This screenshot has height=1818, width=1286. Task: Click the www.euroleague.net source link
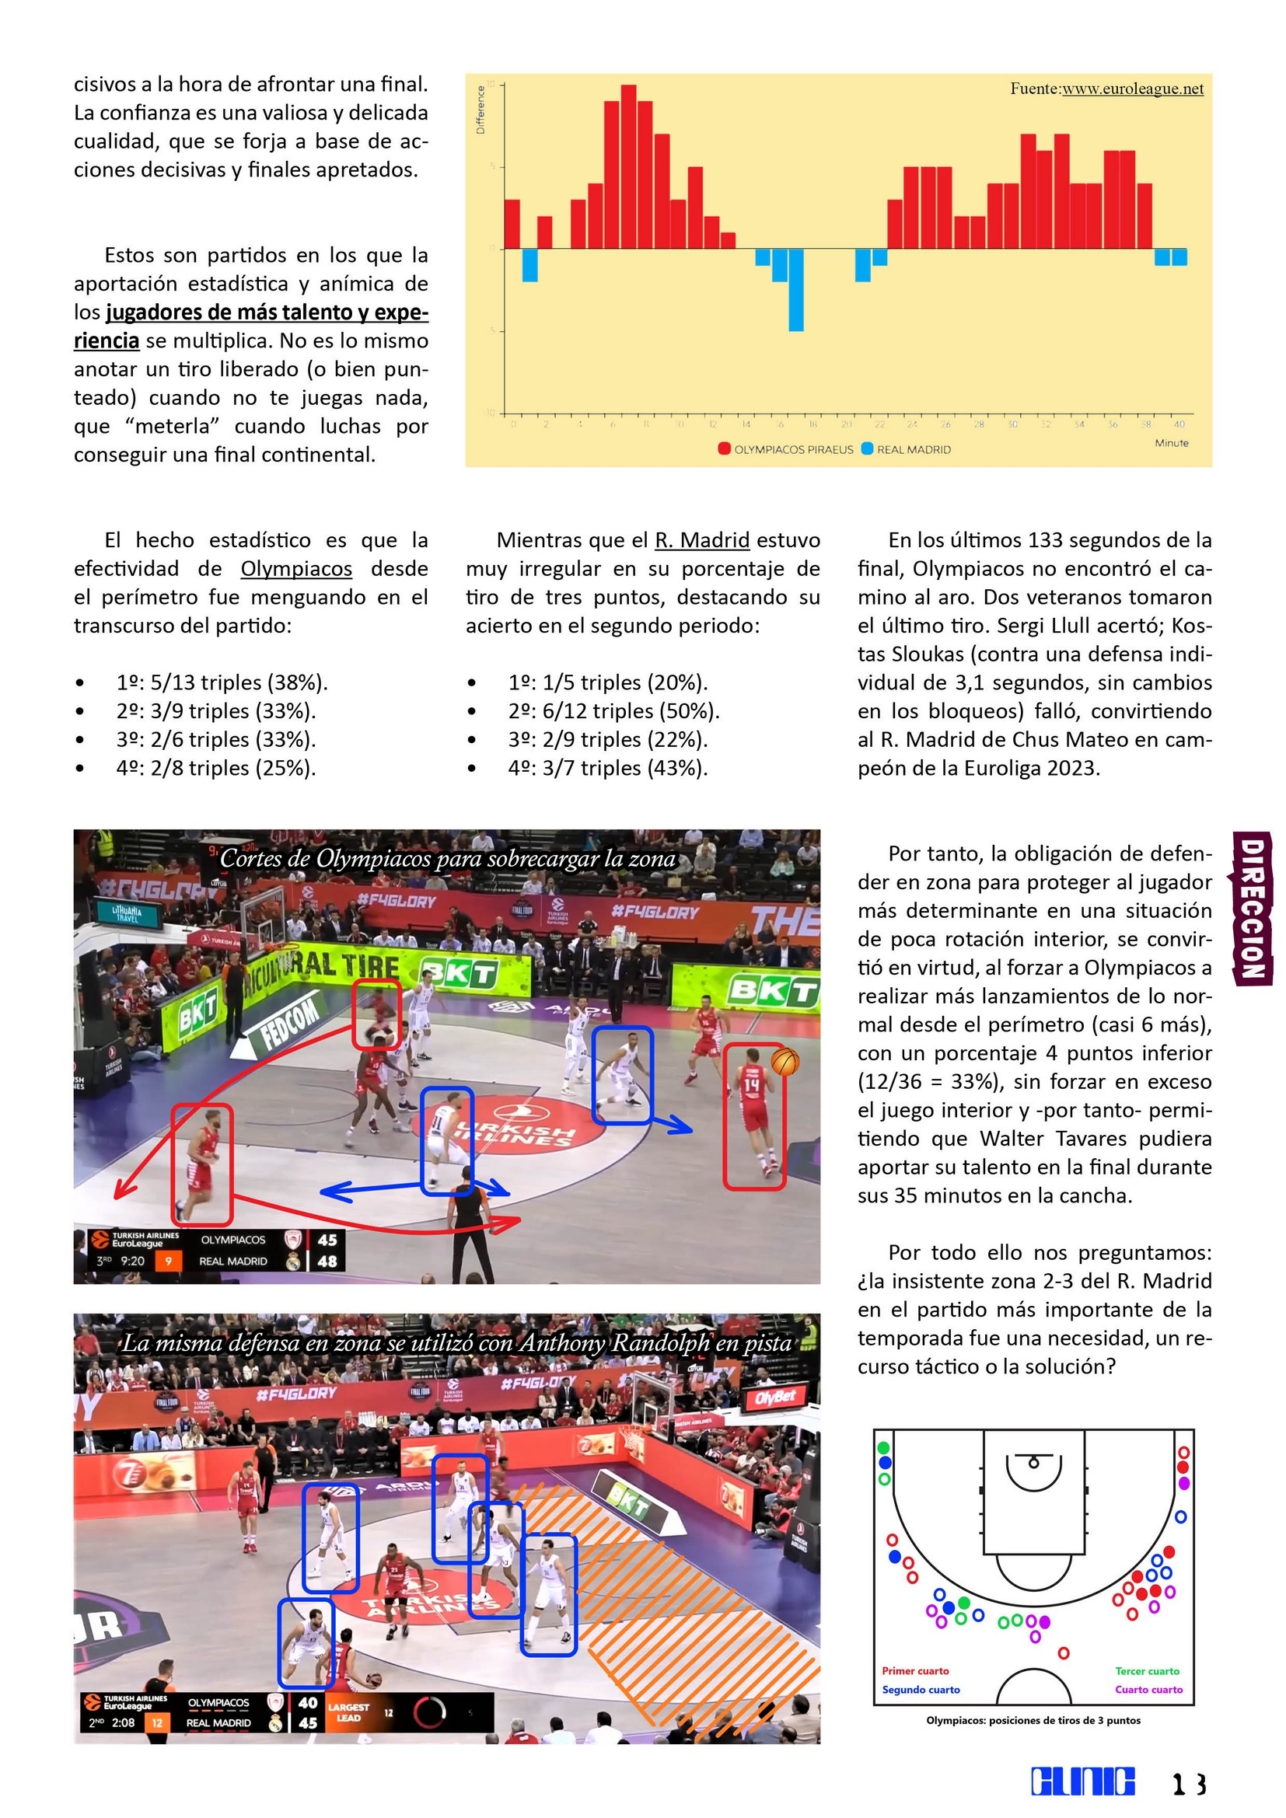[x=1131, y=89]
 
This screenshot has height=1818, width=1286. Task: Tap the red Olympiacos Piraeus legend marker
[x=724, y=449]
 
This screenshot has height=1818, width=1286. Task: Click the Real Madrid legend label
[x=913, y=450]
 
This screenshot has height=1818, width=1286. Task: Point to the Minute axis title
[x=1171, y=442]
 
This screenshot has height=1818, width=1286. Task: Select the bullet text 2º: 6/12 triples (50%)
[x=613, y=711]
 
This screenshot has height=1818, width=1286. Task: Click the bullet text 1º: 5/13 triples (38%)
[x=222, y=682]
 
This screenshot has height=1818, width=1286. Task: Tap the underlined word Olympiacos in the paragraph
[x=296, y=568]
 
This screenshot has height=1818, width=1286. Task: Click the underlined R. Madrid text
[x=701, y=540]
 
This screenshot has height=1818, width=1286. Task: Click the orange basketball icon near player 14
[x=785, y=1062]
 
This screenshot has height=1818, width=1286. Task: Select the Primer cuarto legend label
[x=915, y=1671]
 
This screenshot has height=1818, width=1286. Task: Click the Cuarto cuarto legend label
[x=1148, y=1689]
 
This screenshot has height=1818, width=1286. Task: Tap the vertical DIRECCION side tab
[x=1251, y=906]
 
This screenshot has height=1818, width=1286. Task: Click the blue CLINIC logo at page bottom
[x=1082, y=1781]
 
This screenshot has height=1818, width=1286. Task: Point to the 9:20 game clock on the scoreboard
[x=133, y=1261]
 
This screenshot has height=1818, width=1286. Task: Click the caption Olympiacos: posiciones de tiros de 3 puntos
[x=1033, y=1720]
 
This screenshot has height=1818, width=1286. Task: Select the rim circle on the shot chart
[x=1033, y=1464]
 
